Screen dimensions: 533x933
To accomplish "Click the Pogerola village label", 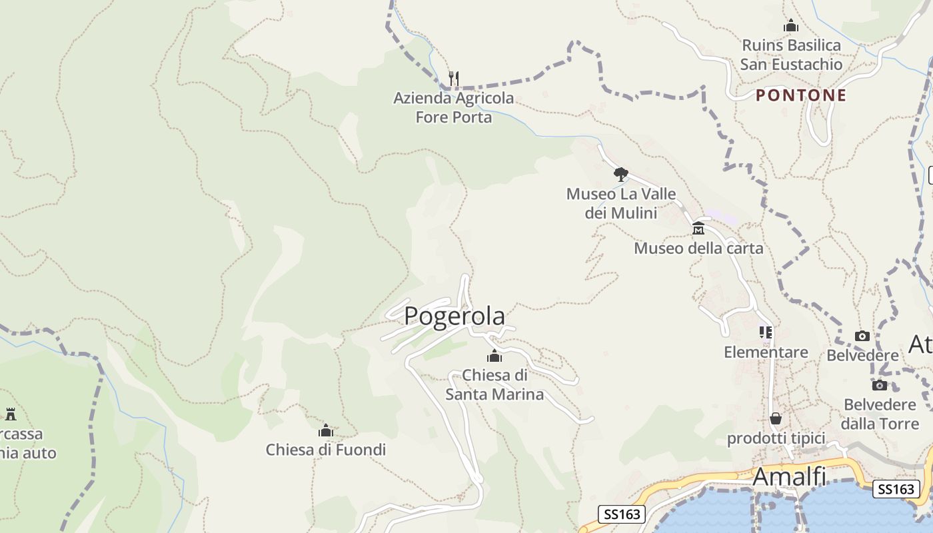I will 455,316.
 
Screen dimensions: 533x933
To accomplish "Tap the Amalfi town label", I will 789,477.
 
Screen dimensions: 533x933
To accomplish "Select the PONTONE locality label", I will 800,95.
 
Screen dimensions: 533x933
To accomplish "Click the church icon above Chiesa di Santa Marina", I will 494,356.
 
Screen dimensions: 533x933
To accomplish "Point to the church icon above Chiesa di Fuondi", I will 325,431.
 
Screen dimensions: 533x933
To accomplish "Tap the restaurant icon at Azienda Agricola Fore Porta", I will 453,79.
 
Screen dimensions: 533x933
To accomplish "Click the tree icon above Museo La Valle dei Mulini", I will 620,175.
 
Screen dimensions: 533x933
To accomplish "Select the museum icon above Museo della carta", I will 698,229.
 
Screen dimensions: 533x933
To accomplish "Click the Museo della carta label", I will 698,249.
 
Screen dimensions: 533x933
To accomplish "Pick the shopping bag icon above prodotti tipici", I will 775,418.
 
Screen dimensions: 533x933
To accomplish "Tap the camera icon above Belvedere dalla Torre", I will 879,385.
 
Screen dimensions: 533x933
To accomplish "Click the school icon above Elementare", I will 765,332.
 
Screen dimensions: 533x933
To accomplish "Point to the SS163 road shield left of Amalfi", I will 622,514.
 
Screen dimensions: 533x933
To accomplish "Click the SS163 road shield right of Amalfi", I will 896,488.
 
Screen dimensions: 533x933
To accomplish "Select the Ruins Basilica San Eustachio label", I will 791,55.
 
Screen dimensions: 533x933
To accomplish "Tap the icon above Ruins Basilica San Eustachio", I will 791,26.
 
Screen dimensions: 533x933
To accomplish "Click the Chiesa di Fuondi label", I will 325,450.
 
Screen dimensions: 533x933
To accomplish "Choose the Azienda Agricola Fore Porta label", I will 453,107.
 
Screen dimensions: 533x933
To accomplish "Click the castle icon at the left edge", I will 11,414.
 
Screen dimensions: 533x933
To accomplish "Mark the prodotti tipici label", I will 776,438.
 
